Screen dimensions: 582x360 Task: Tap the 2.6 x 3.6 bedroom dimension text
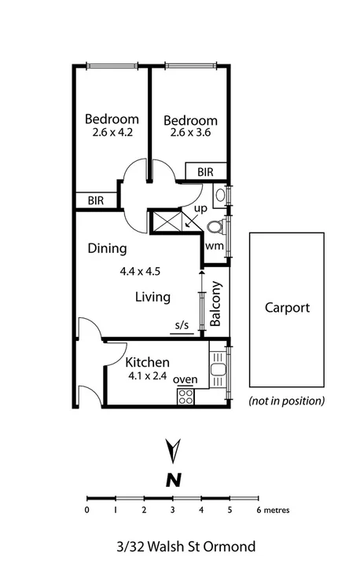tap(189, 133)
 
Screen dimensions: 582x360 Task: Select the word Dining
tap(107, 250)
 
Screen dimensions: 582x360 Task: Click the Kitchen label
tap(148, 363)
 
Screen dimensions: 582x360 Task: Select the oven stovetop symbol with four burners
tap(186, 396)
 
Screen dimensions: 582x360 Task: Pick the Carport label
tap(287, 308)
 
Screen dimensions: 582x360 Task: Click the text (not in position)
tap(286, 401)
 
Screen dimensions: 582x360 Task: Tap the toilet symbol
tap(216, 227)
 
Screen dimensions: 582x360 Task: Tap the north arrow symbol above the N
tap(173, 453)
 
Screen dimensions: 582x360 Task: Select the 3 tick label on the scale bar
tap(172, 510)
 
